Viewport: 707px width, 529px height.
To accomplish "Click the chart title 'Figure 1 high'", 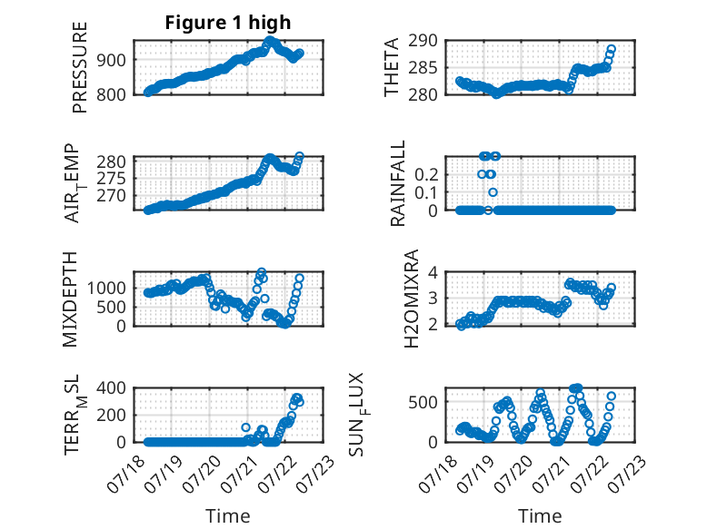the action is click(228, 23).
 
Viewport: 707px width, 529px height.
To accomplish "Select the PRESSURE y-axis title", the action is click(79, 67).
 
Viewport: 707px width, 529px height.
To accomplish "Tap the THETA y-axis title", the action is click(392, 67).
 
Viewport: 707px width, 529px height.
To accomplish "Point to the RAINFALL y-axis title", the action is click(398, 183).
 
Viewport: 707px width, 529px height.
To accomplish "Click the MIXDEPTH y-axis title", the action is click(70, 299).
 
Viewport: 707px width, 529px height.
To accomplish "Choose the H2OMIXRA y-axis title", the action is click(412, 299).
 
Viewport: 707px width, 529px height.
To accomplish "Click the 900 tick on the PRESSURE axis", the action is click(112, 59).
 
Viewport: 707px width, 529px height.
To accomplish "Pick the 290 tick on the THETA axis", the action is click(423, 41).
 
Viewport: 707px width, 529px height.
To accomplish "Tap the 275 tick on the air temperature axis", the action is click(112, 179).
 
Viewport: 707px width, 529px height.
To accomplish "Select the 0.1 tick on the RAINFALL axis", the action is click(426, 192).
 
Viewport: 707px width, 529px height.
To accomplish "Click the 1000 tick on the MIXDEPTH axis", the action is click(107, 288).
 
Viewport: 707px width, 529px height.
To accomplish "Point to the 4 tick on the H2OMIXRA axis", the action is click(433, 272).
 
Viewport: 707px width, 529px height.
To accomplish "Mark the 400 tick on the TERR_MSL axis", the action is click(112, 387).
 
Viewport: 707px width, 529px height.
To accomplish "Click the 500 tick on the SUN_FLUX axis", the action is click(423, 402).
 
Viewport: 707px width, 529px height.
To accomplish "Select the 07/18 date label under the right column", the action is click(435, 474).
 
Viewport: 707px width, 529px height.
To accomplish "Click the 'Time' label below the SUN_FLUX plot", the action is click(540, 515).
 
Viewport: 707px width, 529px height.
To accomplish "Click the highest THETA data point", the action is click(611, 49).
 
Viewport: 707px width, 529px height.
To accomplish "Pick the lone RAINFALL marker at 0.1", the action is click(493, 192).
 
